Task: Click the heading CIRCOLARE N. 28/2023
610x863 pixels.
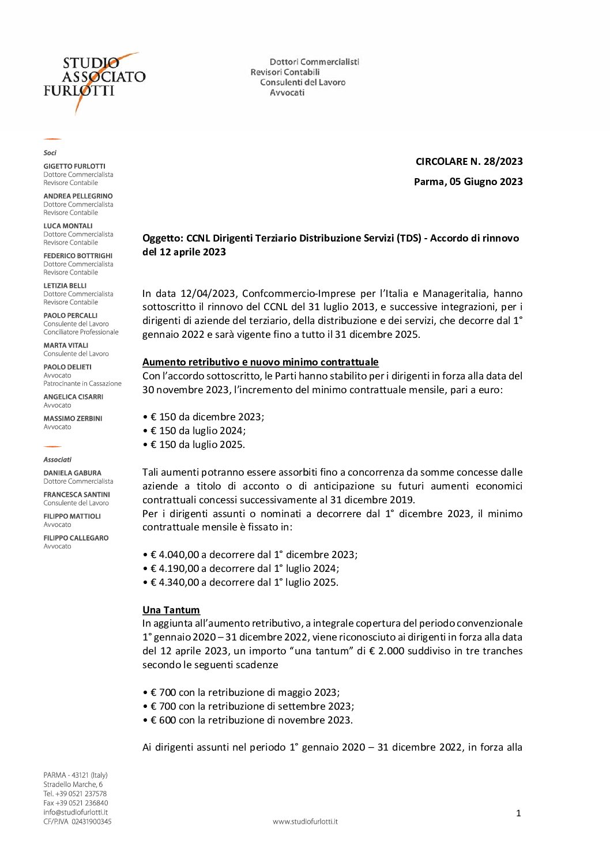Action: coord(469,161)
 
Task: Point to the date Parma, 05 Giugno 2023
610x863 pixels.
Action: coord(468,182)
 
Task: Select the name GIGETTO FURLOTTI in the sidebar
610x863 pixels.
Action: coord(74,166)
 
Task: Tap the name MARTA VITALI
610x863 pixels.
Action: coord(66,345)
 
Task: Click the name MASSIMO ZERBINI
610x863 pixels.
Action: coord(73,419)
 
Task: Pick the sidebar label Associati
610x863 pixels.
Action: coord(58,459)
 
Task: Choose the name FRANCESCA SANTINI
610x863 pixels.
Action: coord(76,495)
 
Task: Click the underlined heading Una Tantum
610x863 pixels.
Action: coord(171,610)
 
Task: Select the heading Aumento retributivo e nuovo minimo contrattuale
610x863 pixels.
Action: coord(260,362)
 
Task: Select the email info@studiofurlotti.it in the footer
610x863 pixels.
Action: coord(76,812)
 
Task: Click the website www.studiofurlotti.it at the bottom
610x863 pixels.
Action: coord(305,821)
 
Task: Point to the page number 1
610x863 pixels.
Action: coord(518,813)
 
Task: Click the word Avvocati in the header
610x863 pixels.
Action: coord(287,93)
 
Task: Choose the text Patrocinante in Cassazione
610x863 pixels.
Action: coord(82,383)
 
